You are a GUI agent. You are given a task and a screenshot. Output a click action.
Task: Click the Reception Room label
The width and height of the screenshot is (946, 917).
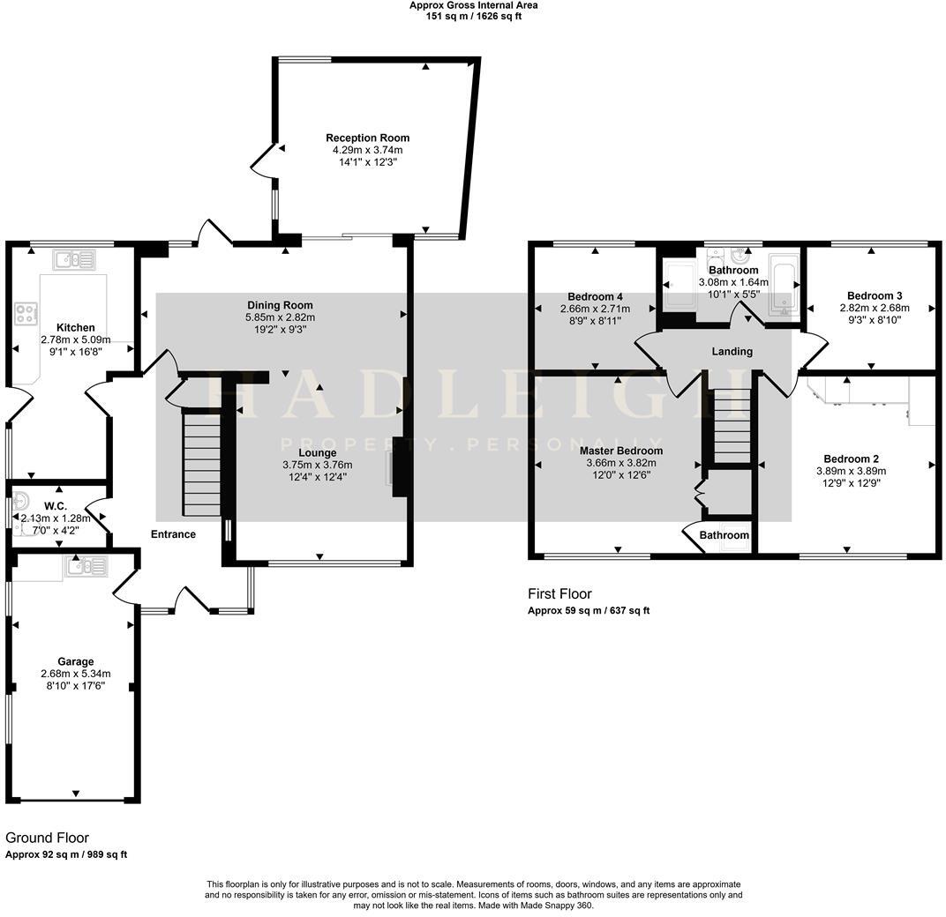pos(367,138)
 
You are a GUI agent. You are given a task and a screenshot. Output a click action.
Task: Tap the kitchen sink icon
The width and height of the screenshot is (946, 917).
pos(74,260)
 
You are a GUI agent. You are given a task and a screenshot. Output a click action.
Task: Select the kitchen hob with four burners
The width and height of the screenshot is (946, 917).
pos(26,314)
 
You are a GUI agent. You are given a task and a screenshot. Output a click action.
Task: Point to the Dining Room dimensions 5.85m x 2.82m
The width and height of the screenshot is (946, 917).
pos(280,317)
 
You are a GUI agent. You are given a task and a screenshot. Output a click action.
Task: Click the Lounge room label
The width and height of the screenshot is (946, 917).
pos(318,453)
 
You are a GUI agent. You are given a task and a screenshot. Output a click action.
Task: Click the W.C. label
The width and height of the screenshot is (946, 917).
pos(56,506)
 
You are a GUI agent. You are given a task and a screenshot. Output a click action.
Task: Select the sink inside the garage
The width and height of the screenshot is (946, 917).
pos(87,567)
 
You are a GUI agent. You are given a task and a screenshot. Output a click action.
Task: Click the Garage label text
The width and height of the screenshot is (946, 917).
pos(75,661)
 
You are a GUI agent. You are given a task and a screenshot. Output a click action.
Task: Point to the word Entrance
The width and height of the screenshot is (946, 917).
pos(173,534)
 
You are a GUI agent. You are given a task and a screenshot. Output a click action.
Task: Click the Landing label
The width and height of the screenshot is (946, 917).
pos(732,352)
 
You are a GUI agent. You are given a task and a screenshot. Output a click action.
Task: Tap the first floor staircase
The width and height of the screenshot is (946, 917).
pos(732,426)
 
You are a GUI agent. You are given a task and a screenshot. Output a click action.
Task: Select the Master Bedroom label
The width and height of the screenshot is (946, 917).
pos(621,451)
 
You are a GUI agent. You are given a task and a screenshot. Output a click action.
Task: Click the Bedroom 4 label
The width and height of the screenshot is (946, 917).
pos(595,296)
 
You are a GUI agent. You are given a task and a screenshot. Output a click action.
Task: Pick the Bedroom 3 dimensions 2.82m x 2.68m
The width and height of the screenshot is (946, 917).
pos(875,308)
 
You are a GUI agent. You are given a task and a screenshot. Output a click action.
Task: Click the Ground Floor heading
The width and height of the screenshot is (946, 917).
pos(47,838)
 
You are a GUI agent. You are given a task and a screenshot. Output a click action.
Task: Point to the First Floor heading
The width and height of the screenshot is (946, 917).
pos(559,594)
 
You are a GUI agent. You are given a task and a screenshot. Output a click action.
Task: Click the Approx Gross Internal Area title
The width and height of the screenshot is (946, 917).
pos(474,5)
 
